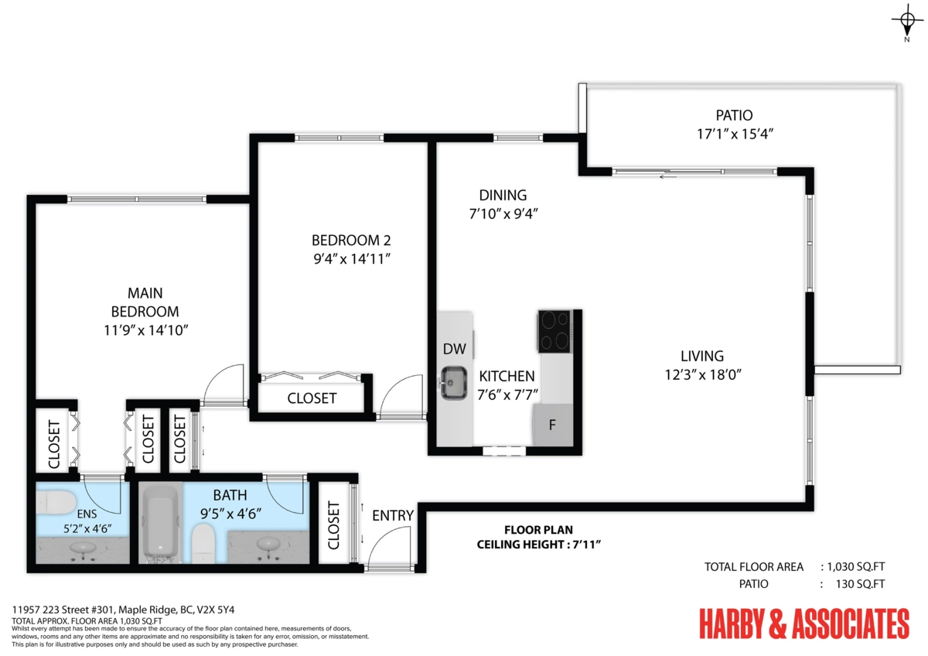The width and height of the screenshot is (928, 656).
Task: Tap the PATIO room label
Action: click(734, 115)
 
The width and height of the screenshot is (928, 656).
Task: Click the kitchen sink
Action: click(454, 383)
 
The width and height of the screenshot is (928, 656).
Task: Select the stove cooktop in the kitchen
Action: click(554, 331)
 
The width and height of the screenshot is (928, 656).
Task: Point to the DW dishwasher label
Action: click(455, 349)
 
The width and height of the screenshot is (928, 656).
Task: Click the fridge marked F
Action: click(553, 425)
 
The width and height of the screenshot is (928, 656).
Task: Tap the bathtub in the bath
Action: click(160, 524)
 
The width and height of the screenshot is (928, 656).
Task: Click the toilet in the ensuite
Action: click(55, 503)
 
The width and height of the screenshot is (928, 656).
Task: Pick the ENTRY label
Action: click(393, 515)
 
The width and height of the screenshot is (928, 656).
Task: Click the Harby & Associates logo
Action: click(804, 624)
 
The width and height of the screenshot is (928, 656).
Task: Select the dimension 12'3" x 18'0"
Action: click(703, 374)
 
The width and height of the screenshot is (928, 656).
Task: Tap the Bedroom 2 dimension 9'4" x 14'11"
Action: click(352, 258)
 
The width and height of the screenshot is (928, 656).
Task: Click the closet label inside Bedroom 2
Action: click(312, 398)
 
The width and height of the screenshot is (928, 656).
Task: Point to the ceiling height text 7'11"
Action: click(586, 544)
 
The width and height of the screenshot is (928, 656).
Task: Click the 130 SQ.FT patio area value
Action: click(860, 584)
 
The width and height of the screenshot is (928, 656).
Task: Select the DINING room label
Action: click(503, 195)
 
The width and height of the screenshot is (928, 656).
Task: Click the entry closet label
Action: click(333, 525)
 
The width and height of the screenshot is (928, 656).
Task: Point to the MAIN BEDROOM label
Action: click(145, 302)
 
